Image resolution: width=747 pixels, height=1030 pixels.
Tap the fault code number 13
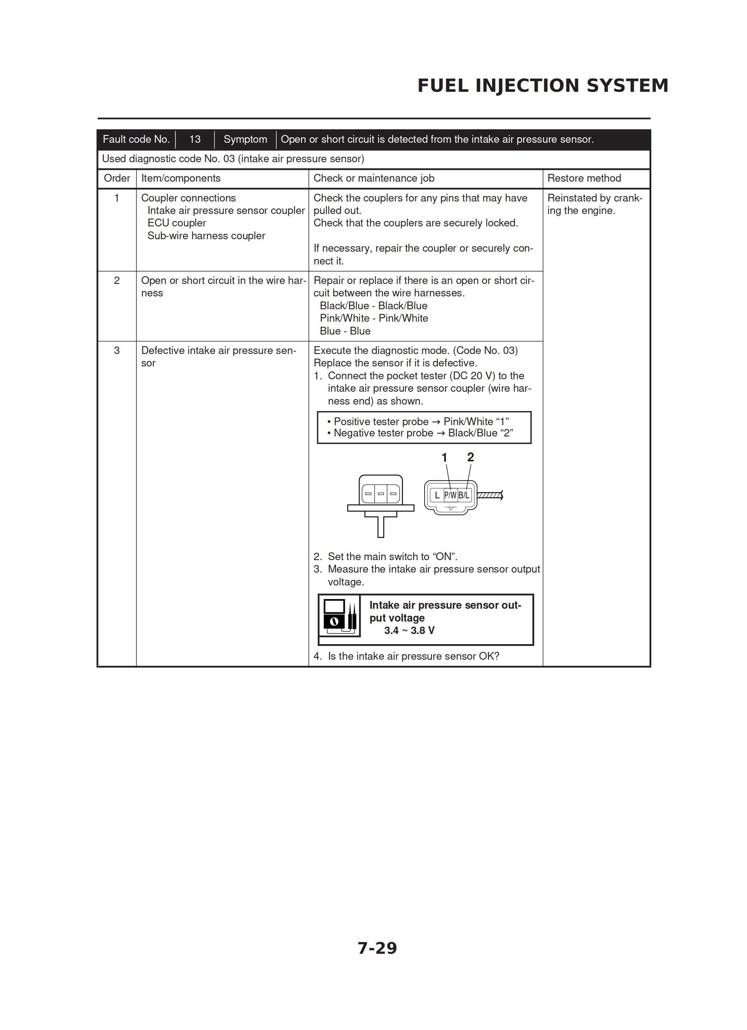pyautogui.click(x=195, y=139)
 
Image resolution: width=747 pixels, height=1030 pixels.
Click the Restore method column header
pyautogui.click(x=584, y=178)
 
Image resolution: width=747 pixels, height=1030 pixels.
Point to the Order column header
pyautogui.click(x=117, y=178)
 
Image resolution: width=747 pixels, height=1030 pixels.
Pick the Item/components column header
pyautogui.click(x=181, y=178)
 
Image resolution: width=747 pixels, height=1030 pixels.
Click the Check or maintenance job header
pyautogui.click(x=373, y=178)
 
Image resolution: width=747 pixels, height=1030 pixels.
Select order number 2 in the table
pyautogui.click(x=117, y=281)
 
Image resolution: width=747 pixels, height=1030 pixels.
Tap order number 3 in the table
pyautogui.click(x=117, y=350)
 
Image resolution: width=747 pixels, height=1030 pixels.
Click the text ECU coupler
pyautogui.click(x=177, y=223)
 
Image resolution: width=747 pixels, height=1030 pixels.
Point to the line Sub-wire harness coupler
pyautogui.click(x=206, y=236)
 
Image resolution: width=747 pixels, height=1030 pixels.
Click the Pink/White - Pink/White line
pyautogui.click(x=373, y=318)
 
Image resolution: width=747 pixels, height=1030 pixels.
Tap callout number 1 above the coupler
pyautogui.click(x=444, y=457)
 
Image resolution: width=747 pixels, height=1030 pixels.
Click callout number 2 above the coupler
pyautogui.click(x=470, y=457)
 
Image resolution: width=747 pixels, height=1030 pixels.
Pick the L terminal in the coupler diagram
pyautogui.click(x=437, y=495)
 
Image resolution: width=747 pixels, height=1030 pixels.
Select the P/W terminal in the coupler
pyautogui.click(x=450, y=495)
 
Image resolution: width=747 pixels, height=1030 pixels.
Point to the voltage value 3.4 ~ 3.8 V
pyautogui.click(x=409, y=631)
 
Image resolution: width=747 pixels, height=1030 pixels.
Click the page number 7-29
pyautogui.click(x=377, y=948)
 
